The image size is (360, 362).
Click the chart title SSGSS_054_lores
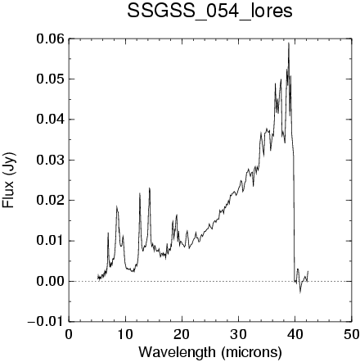point(209,11)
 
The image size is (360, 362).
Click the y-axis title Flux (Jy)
point(9,180)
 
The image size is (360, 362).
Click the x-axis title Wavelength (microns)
point(210,352)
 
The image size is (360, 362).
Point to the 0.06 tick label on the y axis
point(51,39)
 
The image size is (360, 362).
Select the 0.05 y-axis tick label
point(51,79)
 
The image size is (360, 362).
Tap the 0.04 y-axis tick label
point(51,120)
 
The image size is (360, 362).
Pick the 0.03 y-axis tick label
point(51,160)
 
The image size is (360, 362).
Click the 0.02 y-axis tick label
point(51,201)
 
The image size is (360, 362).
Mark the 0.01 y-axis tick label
point(51,241)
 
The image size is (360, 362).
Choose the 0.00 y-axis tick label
point(51,281)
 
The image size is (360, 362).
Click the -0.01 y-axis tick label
point(46,322)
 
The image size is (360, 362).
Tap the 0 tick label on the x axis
point(69,335)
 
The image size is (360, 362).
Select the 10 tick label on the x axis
point(125,335)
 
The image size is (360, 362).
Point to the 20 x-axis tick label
point(182,335)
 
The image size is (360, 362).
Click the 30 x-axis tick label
point(238,335)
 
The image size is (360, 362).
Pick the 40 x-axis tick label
point(295,335)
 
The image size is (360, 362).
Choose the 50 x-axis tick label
point(351,335)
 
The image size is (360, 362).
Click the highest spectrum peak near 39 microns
point(289,43)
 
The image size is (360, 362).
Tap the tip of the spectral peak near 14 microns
point(149,188)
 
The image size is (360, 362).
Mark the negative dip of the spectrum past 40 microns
point(300,293)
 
